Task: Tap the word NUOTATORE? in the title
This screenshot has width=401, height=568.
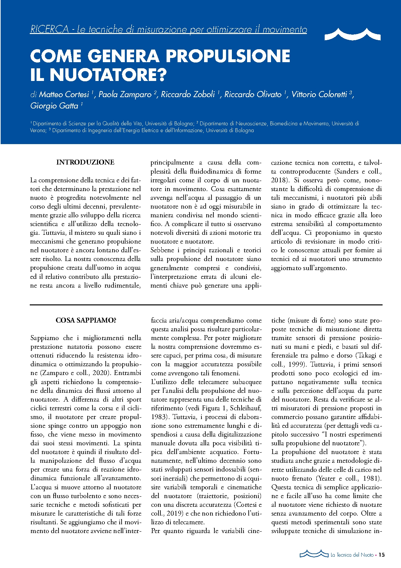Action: [108, 75]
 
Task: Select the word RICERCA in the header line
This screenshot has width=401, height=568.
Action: [49, 29]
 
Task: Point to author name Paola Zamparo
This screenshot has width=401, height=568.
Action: [125, 94]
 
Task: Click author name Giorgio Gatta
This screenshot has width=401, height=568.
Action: [54, 106]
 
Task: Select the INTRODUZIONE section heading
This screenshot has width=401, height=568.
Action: [85, 162]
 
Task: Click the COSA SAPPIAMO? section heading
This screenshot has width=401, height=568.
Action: [86, 320]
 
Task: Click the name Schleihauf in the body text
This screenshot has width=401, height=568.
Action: [245, 408]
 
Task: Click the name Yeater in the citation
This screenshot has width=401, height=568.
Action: [327, 478]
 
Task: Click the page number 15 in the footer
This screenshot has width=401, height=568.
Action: [382, 555]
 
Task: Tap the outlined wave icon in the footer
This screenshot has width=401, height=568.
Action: [314, 554]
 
